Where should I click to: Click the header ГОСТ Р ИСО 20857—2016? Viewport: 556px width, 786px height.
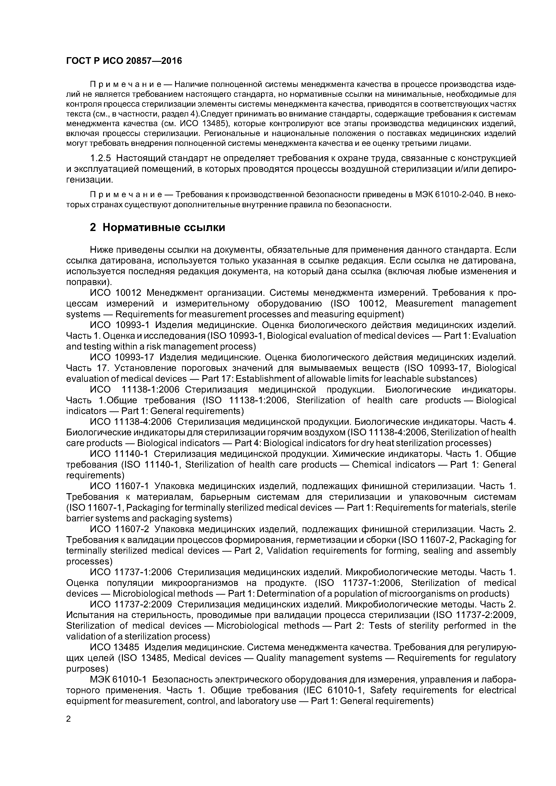coord(124,61)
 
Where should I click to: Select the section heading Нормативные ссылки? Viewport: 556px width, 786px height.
coord(164,227)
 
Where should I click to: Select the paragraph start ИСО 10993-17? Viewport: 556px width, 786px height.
coord(122,357)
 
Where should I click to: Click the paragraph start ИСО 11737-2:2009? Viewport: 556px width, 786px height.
coord(130,605)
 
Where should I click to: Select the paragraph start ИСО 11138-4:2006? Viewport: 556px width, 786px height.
coord(130,422)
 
